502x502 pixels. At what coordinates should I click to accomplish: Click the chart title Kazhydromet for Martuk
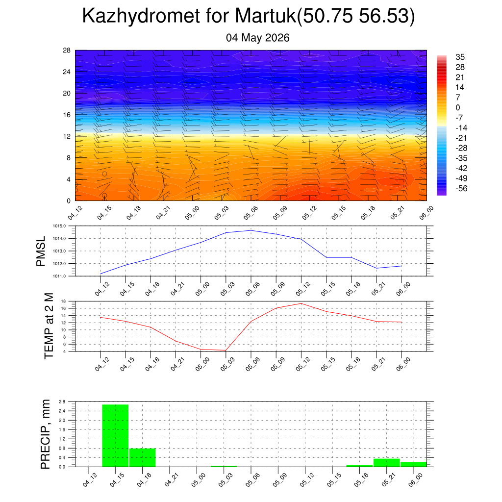[x=190, y=15]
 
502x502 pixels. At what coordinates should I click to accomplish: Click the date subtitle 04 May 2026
[x=258, y=38]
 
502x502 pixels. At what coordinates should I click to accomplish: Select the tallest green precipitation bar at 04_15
[x=115, y=436]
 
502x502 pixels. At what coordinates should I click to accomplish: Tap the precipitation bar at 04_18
[x=143, y=457]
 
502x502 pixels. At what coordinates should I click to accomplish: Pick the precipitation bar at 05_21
[x=387, y=463]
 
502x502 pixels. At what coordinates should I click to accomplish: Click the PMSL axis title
[x=41, y=251]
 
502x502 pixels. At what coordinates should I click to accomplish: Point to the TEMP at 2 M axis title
[x=49, y=326]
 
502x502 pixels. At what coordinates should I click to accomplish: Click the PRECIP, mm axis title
[x=46, y=434]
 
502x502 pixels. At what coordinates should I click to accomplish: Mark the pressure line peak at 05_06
[x=251, y=230]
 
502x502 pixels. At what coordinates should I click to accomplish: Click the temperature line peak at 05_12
[x=301, y=303]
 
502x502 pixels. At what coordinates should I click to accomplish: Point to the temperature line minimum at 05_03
[x=226, y=350]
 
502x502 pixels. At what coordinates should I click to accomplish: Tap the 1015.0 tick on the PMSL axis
[x=59, y=226]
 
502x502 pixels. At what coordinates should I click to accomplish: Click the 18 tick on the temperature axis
[x=63, y=301]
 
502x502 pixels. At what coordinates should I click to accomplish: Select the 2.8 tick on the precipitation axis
[x=62, y=402]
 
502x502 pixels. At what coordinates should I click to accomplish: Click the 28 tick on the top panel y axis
[x=67, y=50]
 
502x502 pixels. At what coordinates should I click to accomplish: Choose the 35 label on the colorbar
[x=460, y=57]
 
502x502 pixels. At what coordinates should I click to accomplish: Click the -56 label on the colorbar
[x=461, y=189]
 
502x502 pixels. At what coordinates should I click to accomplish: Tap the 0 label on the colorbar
[x=458, y=107]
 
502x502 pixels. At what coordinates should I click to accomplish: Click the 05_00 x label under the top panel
[x=192, y=213]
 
